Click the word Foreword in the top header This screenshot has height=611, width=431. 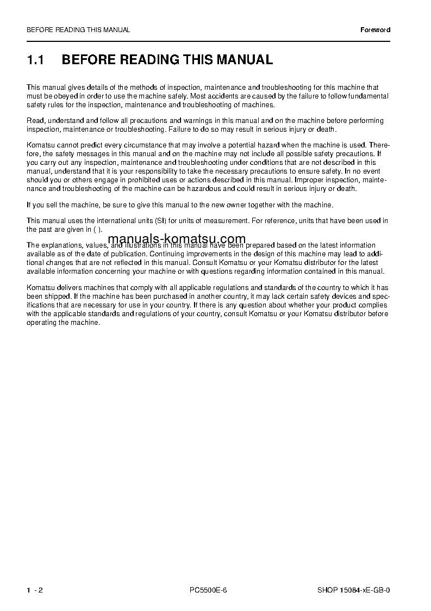(376, 30)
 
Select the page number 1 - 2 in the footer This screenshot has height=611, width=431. (35, 590)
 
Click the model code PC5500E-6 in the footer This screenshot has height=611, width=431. (208, 590)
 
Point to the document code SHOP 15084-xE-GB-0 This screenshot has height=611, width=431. (354, 590)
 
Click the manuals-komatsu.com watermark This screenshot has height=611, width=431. (177, 239)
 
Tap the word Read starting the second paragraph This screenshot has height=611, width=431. (34, 121)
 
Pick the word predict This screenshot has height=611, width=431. (89, 145)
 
